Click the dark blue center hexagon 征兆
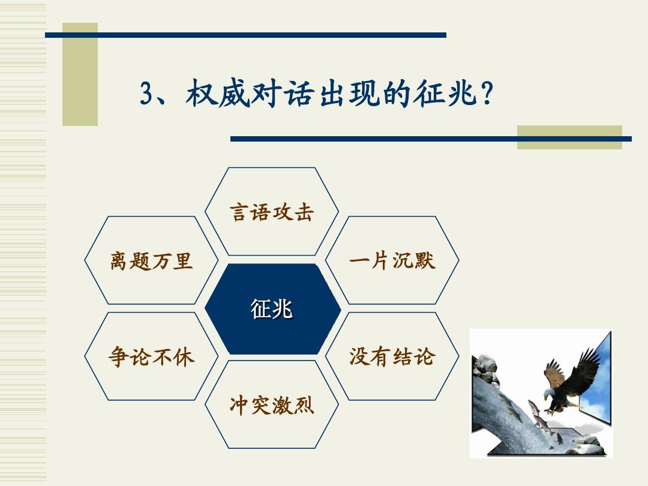(x=273, y=309)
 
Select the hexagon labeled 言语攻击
(x=272, y=212)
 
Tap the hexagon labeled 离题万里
(x=151, y=260)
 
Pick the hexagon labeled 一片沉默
(x=392, y=260)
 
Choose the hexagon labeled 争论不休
(x=151, y=356)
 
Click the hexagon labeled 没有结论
(x=392, y=356)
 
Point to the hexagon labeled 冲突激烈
(x=272, y=404)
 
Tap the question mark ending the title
(x=487, y=94)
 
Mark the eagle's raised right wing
(x=585, y=368)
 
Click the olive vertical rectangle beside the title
(x=80, y=74)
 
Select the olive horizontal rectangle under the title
(x=569, y=137)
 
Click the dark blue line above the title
(x=245, y=35)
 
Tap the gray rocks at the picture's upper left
(x=485, y=367)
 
